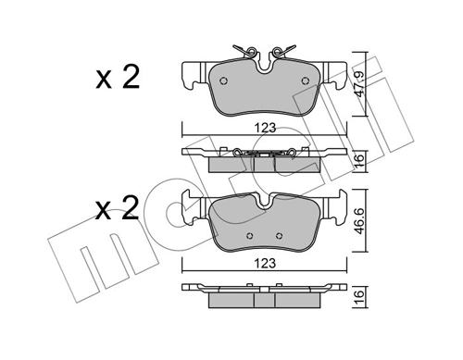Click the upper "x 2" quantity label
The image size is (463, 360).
pyautogui.click(x=118, y=77)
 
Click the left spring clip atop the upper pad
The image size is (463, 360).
pyautogui.click(x=243, y=52)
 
